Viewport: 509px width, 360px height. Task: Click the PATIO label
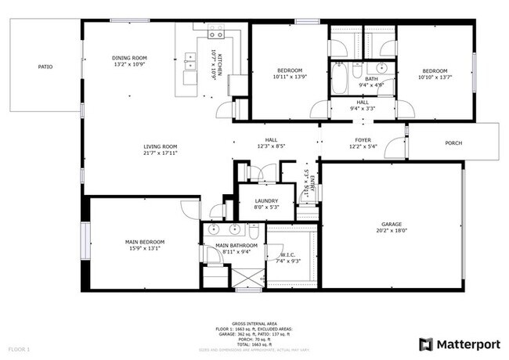(45, 67)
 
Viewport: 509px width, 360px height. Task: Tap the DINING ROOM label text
(129, 58)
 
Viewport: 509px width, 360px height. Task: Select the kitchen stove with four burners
(215, 32)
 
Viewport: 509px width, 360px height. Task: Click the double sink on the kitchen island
(190, 61)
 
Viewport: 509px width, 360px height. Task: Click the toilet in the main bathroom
(254, 232)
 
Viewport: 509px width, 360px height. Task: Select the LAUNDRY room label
(265, 200)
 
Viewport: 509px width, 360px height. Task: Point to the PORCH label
(453, 143)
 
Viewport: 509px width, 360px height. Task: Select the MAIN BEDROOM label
(143, 242)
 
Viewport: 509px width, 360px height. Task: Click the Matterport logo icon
(425, 344)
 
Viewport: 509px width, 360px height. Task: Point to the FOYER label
(363, 140)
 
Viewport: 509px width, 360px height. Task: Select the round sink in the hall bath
(381, 68)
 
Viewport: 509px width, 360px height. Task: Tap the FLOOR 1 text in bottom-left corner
(19, 348)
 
